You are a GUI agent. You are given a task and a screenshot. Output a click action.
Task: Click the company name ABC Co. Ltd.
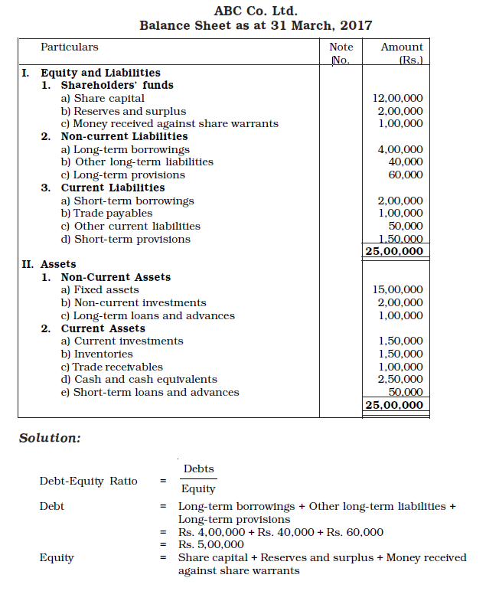(x=255, y=10)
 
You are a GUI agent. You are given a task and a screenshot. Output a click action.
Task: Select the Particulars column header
(x=70, y=47)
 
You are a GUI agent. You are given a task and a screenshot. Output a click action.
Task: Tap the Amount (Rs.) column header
(x=402, y=54)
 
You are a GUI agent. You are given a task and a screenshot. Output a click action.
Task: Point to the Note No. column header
(x=341, y=54)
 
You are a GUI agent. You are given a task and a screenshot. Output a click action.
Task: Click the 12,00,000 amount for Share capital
(x=397, y=99)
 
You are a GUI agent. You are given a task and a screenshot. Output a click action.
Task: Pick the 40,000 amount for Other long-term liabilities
(x=406, y=162)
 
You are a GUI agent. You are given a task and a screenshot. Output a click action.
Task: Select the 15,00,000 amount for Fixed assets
(x=397, y=290)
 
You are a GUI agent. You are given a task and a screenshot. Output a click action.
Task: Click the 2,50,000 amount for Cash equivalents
(x=400, y=380)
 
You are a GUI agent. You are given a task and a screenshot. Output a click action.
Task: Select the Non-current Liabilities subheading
(x=124, y=137)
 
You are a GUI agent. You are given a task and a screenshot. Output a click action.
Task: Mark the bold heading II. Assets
(x=48, y=265)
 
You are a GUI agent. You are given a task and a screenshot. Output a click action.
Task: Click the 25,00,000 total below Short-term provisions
(x=394, y=251)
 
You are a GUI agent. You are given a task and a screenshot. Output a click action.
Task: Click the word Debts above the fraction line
(x=199, y=469)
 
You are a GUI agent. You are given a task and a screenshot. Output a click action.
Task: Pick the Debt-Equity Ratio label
(x=89, y=482)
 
